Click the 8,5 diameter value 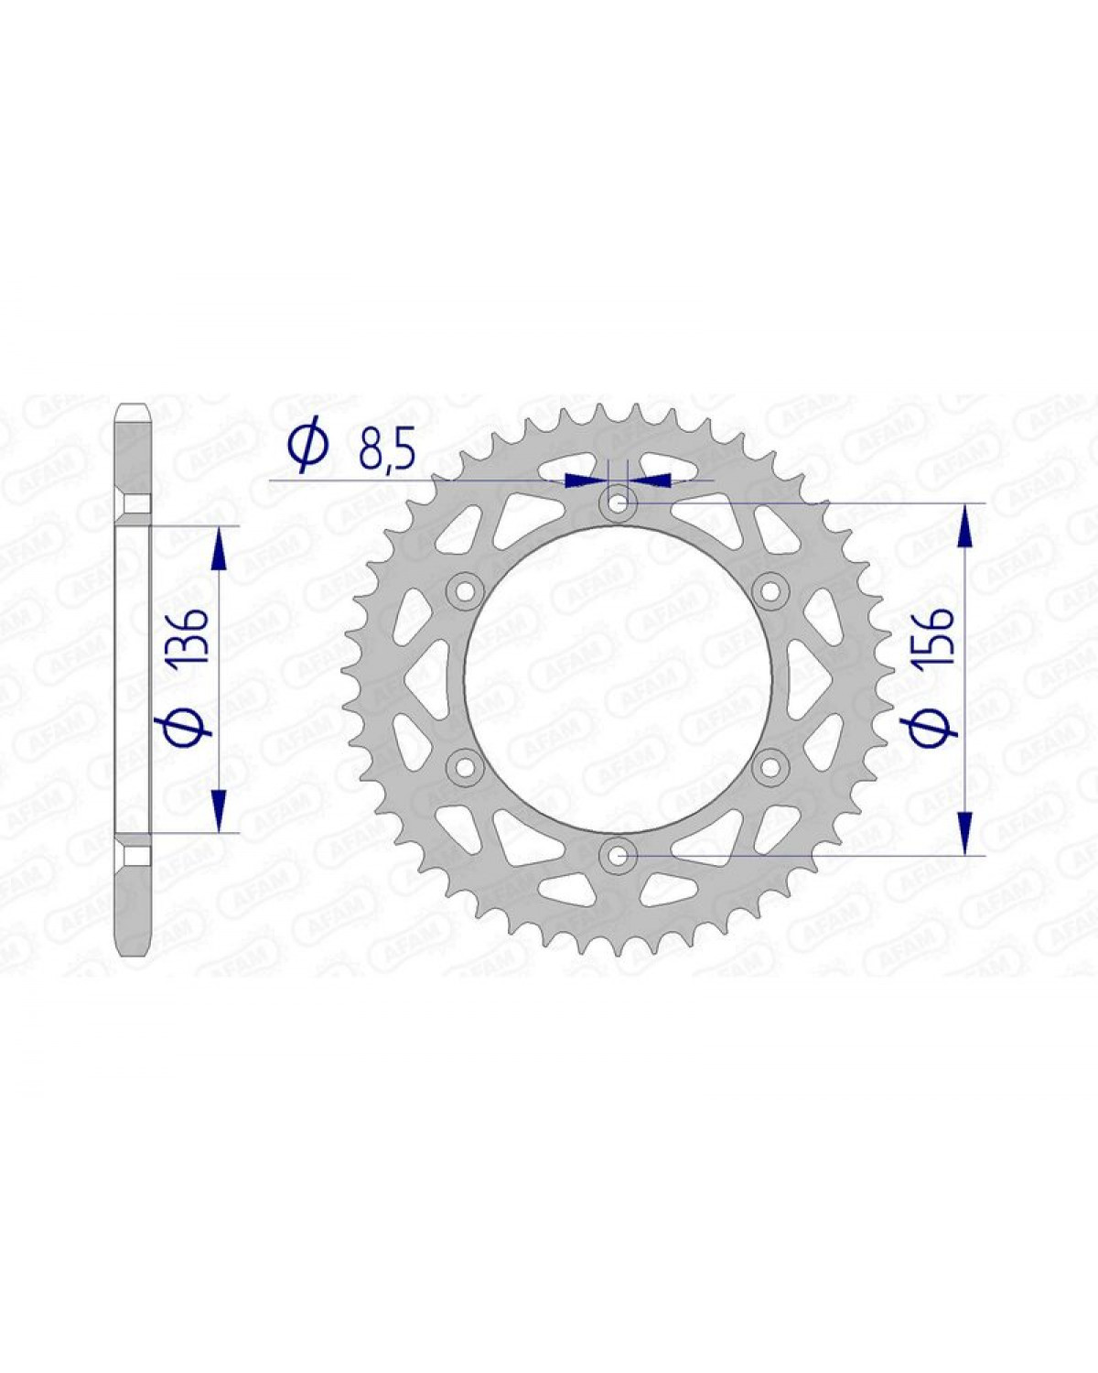tap(387, 451)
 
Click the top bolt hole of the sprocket tap(618, 503)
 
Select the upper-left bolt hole tap(465, 590)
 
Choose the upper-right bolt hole tap(770, 590)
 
